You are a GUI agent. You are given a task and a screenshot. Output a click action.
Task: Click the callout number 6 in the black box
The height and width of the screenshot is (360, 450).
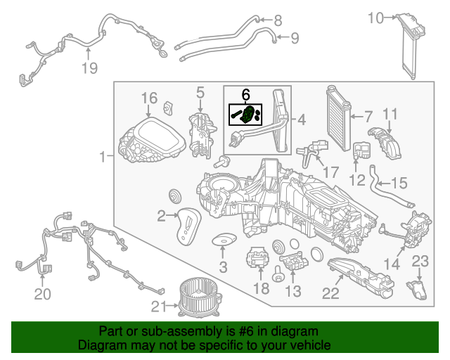point(245,94)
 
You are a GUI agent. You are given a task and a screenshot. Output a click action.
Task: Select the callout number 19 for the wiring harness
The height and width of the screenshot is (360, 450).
point(89,68)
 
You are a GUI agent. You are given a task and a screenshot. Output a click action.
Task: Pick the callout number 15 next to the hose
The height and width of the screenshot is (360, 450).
point(399,184)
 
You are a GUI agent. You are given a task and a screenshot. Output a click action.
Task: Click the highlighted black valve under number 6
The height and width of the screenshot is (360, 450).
point(247,115)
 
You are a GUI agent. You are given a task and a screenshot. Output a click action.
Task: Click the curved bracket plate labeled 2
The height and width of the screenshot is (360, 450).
point(188,226)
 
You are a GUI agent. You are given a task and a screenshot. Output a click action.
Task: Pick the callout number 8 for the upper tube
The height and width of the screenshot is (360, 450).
point(277,20)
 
